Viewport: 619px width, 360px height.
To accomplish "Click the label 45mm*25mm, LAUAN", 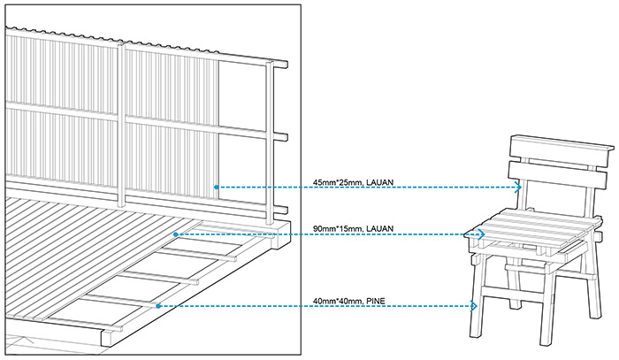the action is click(x=353, y=182).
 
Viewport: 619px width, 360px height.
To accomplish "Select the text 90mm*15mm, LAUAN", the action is click(x=353, y=228).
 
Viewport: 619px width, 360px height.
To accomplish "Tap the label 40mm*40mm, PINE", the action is click(x=348, y=302).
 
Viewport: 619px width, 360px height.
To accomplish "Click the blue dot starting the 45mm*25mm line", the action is click(x=217, y=188).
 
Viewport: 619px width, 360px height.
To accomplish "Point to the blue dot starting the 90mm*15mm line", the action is click(x=176, y=234).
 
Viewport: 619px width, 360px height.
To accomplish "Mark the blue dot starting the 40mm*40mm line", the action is click(x=158, y=306).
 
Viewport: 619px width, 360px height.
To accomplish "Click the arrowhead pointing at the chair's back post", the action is click(x=519, y=188).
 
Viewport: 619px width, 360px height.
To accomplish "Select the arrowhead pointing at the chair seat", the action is click(x=482, y=234).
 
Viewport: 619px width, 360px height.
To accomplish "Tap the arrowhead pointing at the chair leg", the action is click(x=474, y=306).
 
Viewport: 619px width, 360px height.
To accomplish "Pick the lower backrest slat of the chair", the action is click(x=557, y=176).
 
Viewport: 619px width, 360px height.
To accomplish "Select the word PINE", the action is click(x=376, y=302).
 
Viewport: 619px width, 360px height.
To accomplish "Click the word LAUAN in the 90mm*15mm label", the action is click(x=379, y=228).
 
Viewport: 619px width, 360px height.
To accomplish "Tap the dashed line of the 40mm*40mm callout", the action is click(x=316, y=306).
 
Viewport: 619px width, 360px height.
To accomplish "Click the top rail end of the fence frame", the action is click(x=281, y=65).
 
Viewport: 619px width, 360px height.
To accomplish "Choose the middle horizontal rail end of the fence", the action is click(x=280, y=136).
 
